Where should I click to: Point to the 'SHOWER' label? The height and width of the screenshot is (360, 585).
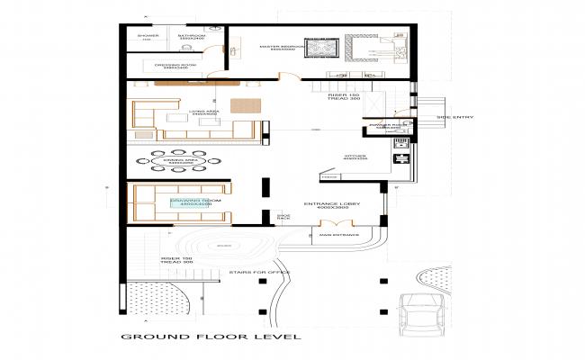pyautogui.click(x=147, y=36)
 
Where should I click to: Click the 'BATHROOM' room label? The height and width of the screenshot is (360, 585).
pyautogui.click(x=191, y=37)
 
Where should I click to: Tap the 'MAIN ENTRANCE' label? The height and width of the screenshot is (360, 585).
pyautogui.click(x=338, y=236)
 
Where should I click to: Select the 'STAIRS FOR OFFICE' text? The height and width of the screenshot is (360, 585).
pyautogui.click(x=258, y=270)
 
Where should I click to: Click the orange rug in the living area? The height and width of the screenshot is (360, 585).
pyautogui.click(x=243, y=104)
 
